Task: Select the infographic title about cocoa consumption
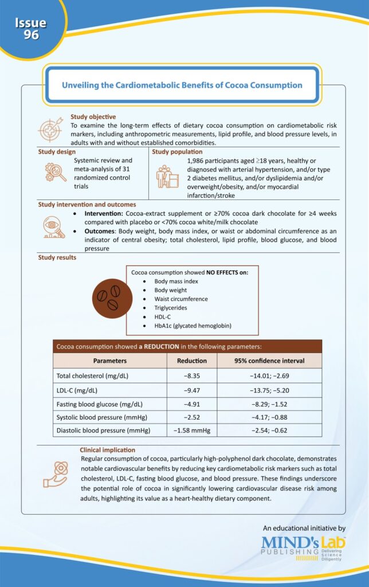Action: point(182,85)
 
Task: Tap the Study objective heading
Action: point(93,117)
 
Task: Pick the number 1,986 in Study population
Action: point(197,161)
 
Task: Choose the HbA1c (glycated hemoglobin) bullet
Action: point(193,326)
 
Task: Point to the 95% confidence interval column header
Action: point(269,361)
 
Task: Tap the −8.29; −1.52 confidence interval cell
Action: point(269,404)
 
